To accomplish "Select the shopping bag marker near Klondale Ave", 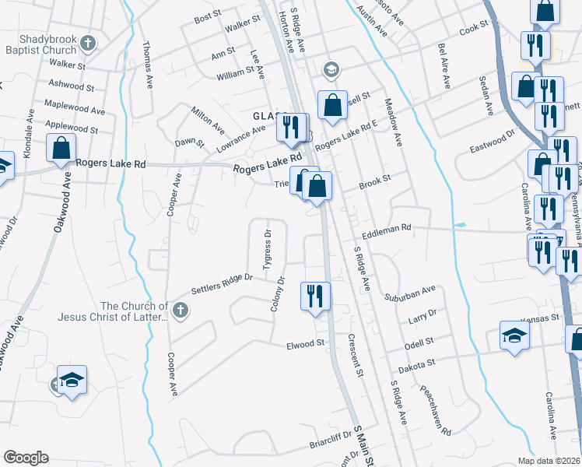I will click(61, 148).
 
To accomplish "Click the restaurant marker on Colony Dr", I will click(316, 296).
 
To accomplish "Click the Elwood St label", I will click(305, 344).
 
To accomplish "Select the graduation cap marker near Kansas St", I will click(514, 335).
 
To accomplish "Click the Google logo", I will click(26, 458).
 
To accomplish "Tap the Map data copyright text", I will click(549, 461).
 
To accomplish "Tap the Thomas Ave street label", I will click(147, 65).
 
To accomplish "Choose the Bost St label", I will click(209, 16).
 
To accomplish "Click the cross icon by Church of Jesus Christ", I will click(180, 311).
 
